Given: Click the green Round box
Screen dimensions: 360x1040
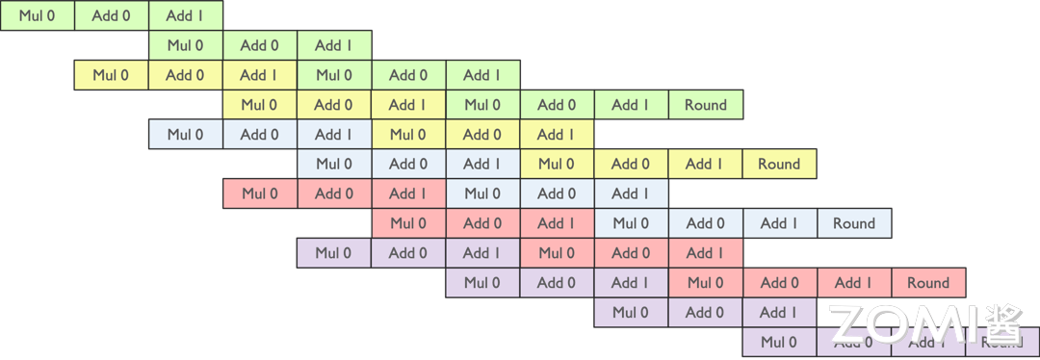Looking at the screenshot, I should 705,105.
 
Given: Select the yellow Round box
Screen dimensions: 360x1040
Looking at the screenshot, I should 779,164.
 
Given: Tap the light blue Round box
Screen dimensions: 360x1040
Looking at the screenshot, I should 853,223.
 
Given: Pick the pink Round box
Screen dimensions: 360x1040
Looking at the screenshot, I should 927,283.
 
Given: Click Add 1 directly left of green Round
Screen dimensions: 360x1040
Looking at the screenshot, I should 631,105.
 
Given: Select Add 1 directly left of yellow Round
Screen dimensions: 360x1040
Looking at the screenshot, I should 705,164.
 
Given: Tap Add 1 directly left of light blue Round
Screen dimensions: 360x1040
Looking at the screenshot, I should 779,223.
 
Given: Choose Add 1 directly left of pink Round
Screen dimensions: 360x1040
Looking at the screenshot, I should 853,283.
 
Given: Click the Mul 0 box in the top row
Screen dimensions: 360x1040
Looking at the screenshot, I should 37,15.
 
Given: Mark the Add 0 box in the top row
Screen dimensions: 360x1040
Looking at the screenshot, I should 111,15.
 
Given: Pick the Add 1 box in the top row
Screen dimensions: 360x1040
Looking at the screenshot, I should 185,15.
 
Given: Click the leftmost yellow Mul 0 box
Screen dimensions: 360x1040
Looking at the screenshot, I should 111,75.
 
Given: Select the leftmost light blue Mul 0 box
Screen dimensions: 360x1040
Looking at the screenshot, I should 185,135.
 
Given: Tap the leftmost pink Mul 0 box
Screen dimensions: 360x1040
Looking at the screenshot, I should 259,193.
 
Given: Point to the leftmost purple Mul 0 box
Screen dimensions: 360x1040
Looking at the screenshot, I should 333,253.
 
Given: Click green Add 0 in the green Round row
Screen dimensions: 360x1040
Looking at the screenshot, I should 557,105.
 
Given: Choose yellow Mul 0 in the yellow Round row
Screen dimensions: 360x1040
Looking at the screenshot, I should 557,164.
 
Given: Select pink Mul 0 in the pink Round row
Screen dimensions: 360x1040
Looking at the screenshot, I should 705,283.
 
